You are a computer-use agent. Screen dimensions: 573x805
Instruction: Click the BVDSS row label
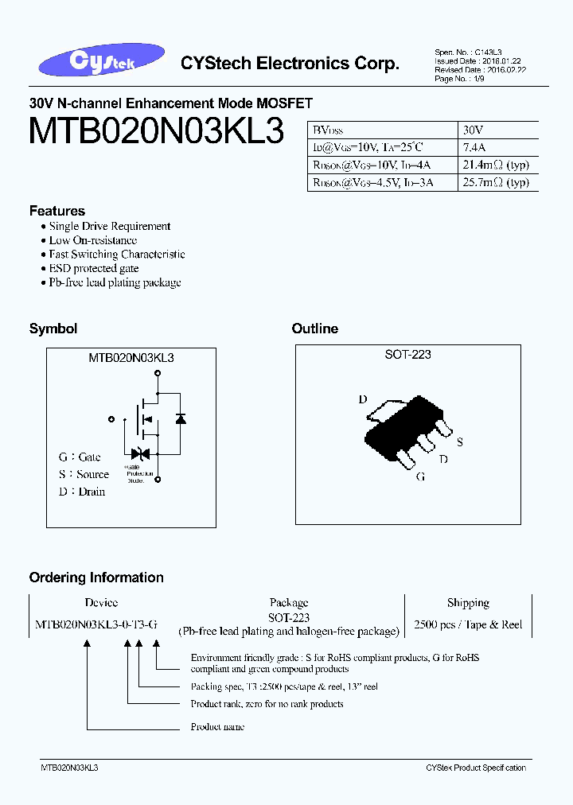[327, 129]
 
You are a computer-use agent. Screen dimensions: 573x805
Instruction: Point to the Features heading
[57, 211]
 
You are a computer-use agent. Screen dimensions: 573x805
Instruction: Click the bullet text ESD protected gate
[94, 268]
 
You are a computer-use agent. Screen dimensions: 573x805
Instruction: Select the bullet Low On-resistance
[92, 240]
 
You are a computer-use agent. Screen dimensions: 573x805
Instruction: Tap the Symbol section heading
[53, 329]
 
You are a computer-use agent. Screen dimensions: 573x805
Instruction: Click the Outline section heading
[314, 329]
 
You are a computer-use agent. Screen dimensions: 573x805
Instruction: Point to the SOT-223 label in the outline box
[407, 355]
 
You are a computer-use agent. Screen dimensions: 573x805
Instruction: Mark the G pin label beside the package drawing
[420, 476]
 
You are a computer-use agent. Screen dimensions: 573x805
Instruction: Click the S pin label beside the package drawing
[459, 442]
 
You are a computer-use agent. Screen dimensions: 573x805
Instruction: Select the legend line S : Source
[84, 474]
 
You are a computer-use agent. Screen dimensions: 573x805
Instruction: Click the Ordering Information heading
[96, 577]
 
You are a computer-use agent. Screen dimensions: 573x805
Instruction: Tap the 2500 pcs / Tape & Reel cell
[468, 624]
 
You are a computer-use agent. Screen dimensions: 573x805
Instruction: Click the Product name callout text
[217, 726]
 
